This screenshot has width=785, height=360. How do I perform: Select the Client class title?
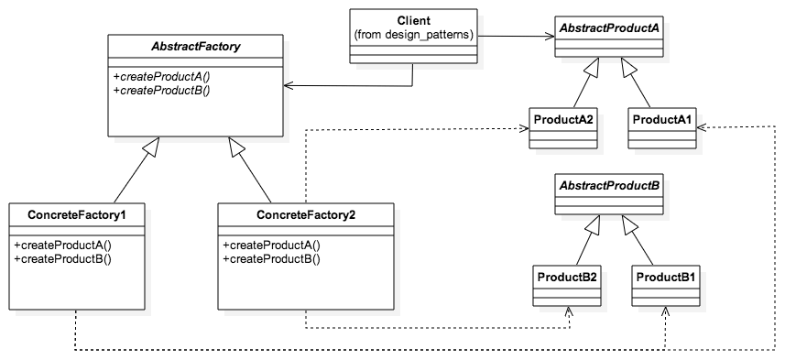413,20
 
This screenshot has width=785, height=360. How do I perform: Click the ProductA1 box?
661,129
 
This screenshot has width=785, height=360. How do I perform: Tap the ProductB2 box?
567,285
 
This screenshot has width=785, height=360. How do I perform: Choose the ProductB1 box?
666,285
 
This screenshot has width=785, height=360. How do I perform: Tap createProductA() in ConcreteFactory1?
62,245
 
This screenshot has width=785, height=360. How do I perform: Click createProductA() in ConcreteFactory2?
271,245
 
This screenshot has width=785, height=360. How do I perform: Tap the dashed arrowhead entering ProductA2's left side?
524,129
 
